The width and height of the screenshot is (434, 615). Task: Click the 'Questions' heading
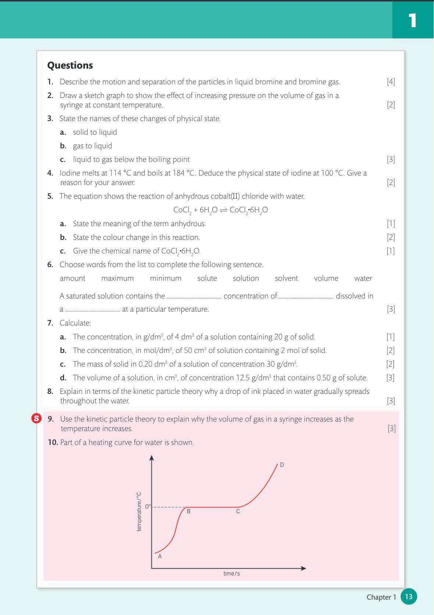[70, 65]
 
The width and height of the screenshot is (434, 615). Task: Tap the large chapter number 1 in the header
[412, 20]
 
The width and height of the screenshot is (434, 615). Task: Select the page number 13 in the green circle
[409, 597]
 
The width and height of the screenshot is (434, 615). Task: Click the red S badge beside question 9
[36, 419]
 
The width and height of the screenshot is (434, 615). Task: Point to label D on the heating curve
[282, 465]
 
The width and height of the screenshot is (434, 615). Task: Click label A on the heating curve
[160, 557]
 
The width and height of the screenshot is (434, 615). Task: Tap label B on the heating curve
[189, 511]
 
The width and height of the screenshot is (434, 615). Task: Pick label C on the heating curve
[238, 511]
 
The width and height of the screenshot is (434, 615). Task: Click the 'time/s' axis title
[231, 573]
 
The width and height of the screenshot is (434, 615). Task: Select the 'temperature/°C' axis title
[139, 512]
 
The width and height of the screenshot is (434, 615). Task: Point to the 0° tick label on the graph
[148, 506]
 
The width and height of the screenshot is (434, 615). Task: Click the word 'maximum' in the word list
[117, 278]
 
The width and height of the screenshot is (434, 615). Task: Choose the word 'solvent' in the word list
[286, 278]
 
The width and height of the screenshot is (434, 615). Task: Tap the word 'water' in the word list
[363, 278]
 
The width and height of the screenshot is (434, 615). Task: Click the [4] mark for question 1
[391, 82]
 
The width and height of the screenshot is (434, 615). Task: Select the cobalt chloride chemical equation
[220, 210]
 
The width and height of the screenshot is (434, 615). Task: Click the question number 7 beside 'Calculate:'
[50, 323]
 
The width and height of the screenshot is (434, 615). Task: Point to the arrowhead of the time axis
[303, 568]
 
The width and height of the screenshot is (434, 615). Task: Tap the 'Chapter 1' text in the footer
[381, 597]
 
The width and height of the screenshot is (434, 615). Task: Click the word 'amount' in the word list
[72, 278]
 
